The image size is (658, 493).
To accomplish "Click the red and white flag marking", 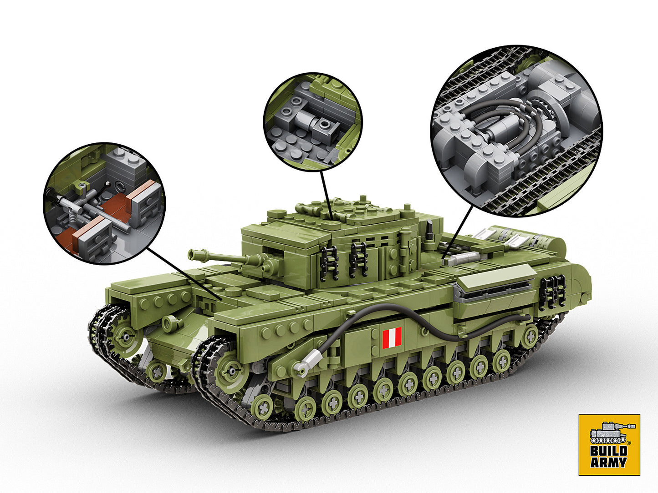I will (392, 337).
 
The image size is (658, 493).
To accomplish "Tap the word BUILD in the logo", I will (609, 451).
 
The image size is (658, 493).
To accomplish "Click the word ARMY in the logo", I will (609, 463).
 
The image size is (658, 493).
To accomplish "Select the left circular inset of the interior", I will (104, 203).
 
